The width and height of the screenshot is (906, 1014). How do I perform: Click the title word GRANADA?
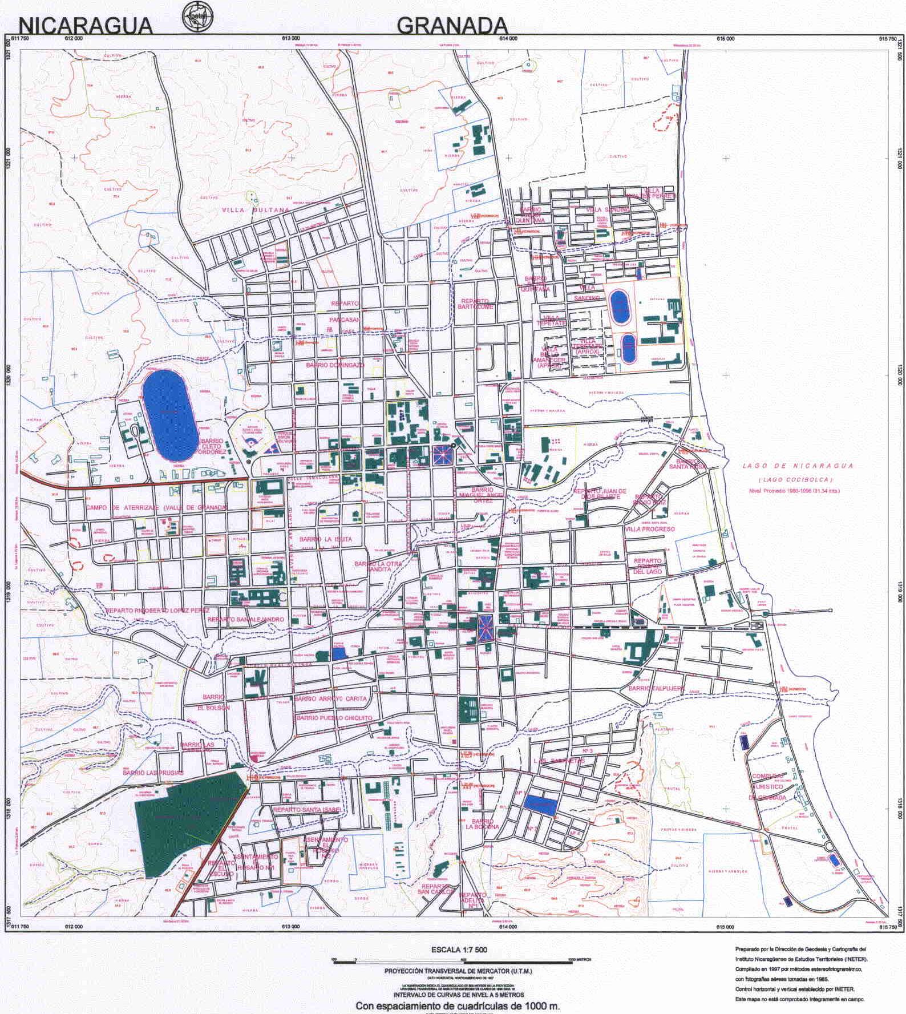[452, 25]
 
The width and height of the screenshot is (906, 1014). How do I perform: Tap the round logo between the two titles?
[196, 15]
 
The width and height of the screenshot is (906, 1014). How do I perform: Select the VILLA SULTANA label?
[256, 210]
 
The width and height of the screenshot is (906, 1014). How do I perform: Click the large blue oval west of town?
[167, 414]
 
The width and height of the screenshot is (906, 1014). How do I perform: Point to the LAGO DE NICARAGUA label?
[798, 466]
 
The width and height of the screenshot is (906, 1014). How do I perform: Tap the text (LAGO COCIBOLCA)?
[795, 479]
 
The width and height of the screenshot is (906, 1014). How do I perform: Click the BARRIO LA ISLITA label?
[326, 539]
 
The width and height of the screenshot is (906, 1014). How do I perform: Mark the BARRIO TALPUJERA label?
[656, 689]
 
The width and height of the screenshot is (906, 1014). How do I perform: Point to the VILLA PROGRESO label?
[650, 529]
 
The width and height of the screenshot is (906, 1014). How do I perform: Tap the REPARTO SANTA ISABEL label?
[307, 810]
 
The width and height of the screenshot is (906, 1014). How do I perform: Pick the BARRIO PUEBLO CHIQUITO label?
[334, 718]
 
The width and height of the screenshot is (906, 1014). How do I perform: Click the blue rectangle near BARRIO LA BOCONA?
[541, 805]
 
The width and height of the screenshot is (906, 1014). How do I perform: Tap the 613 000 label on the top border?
[290, 39]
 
